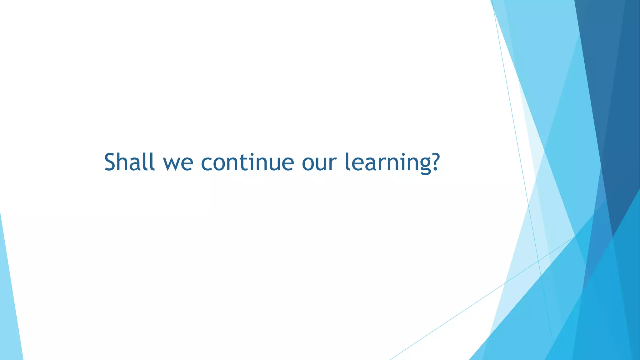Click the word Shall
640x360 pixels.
coord(129,162)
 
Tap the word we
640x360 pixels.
coord(178,163)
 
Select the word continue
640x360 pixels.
coord(247,162)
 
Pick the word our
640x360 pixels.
coord(319,163)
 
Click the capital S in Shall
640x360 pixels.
coord(112,162)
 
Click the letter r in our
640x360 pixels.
coord(333,163)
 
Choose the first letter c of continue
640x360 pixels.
coord(207,163)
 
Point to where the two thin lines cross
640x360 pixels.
coord(538,260)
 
